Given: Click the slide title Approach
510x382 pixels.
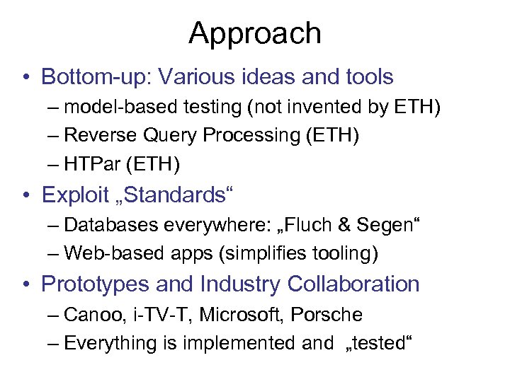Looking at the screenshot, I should click(255, 33).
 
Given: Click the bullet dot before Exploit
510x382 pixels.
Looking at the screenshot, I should click(26, 195).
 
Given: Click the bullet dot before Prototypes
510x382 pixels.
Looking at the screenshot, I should click(26, 284).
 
